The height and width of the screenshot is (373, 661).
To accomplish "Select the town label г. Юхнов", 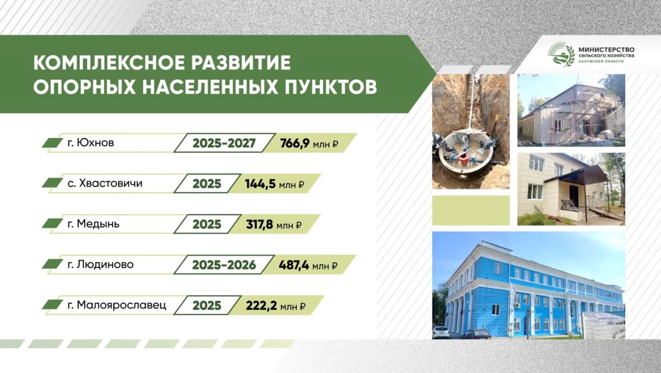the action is [90, 143].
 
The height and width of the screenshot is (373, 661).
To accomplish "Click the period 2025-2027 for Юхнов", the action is [224, 143].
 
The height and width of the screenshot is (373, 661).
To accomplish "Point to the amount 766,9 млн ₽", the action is [309, 144].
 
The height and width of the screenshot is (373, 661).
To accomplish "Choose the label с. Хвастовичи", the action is [105, 183].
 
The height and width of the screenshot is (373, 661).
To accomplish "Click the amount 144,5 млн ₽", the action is [274, 184].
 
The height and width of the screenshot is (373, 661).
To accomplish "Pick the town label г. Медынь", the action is [94, 224].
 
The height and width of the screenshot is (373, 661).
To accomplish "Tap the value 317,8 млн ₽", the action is [274, 225].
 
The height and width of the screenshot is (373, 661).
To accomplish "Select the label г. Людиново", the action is [101, 265].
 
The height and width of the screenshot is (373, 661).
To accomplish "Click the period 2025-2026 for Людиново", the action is [224, 265].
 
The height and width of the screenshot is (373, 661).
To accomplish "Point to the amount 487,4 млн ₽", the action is [308, 266].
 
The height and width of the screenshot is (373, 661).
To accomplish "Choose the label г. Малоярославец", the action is [117, 305].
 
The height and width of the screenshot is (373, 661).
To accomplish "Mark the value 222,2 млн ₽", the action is [275, 306].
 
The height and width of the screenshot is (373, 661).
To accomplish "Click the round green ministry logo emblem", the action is [561, 54].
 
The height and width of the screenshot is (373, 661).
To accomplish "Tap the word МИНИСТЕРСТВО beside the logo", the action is [606, 50].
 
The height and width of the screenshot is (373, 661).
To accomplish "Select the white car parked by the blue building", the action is [441, 332].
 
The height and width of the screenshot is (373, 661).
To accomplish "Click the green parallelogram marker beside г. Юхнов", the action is [52, 143].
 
